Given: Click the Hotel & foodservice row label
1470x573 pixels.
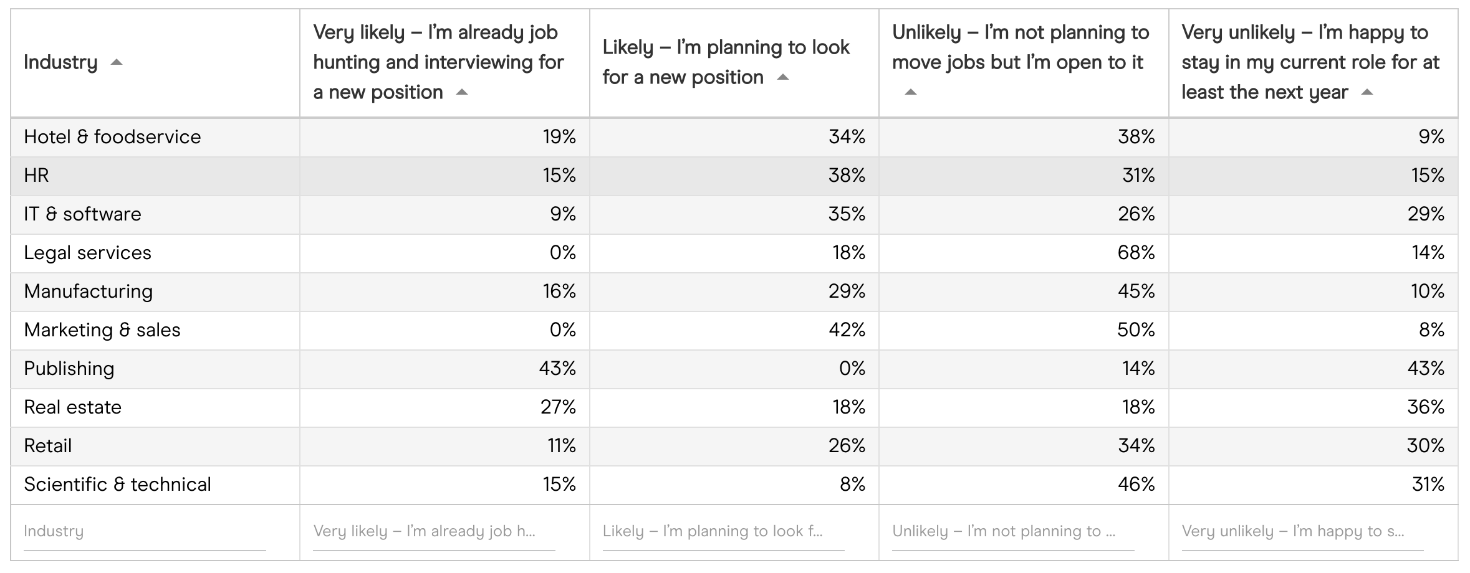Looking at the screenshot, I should click(x=112, y=137).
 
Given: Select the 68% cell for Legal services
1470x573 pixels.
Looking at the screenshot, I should click(x=1136, y=253).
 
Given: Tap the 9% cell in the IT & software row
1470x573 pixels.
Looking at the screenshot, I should click(x=562, y=214).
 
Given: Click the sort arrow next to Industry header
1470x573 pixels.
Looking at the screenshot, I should click(x=116, y=62).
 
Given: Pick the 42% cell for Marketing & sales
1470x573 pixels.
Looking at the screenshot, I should click(x=847, y=330).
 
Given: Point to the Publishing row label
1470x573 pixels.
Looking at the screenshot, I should click(x=69, y=369).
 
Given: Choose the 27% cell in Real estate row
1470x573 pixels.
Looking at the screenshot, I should click(x=558, y=407).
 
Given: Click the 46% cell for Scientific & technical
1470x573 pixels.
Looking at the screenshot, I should click(x=1136, y=485).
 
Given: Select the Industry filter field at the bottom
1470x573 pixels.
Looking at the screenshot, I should click(x=144, y=531).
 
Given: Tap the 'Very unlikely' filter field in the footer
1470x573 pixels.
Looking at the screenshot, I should click(x=1302, y=531).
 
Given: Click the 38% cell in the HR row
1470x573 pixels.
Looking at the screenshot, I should click(x=847, y=176).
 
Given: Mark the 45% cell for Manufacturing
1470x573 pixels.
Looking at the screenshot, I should click(x=1136, y=291).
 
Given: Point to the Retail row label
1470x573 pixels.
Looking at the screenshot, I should click(x=48, y=446).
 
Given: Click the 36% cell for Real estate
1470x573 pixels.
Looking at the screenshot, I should click(x=1426, y=407).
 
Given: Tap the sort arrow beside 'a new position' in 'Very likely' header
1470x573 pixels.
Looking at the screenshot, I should click(x=461, y=92).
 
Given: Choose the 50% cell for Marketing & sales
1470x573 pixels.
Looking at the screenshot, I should click(x=1136, y=330).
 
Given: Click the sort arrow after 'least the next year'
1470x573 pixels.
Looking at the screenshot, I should click(x=1367, y=92).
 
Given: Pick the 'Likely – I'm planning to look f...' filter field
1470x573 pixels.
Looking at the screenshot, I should click(x=723, y=531).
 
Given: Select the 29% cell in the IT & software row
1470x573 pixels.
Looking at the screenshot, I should click(x=1426, y=214).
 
